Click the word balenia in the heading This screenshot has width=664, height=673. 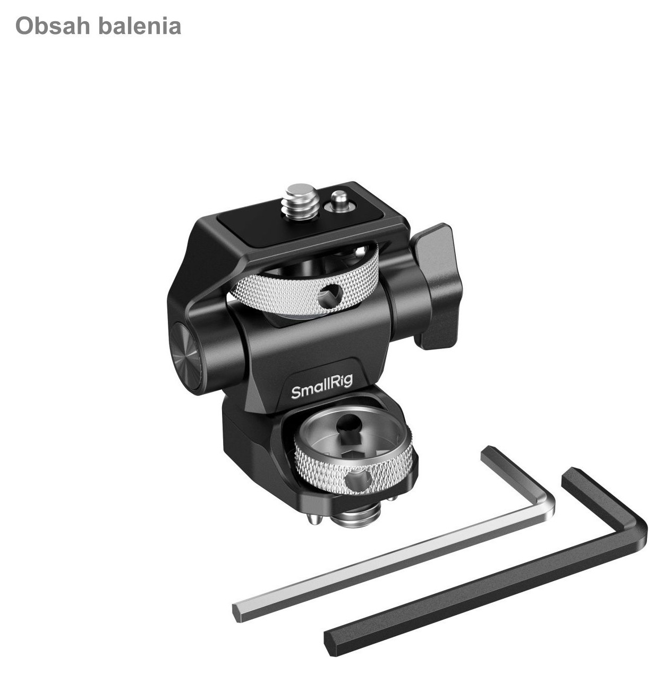coord(140,26)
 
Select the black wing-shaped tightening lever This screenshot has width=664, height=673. coord(437,286)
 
